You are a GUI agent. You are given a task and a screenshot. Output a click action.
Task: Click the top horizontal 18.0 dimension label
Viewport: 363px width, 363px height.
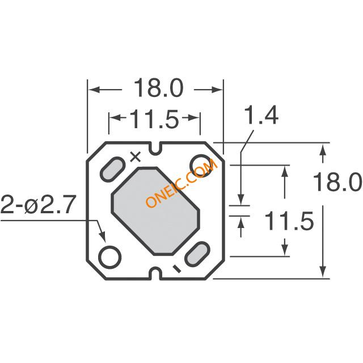click(159, 88)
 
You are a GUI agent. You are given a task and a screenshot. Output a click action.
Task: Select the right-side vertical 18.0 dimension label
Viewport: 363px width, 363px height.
click(337, 181)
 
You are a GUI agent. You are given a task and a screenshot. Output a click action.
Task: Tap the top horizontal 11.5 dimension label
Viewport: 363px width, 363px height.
click(154, 119)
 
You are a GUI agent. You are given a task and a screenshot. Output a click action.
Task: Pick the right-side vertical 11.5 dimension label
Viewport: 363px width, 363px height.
click(289, 221)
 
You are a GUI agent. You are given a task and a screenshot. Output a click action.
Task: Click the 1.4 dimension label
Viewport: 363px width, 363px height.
click(261, 115)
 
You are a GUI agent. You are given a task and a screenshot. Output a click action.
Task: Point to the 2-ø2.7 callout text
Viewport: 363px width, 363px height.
click(39, 205)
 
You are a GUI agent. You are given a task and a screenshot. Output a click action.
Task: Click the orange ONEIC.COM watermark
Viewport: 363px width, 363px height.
click(181, 183)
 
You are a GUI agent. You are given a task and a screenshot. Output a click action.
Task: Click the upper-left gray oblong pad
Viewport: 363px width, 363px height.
click(112, 169)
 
